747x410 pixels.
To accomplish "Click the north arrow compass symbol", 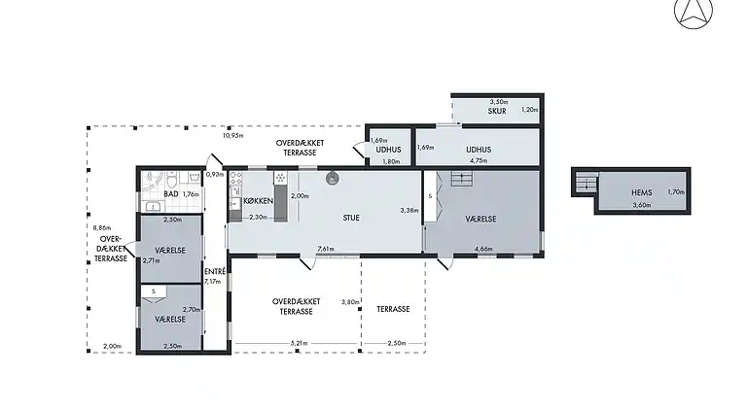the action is [x=694, y=12].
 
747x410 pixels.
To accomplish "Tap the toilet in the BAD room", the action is [x=172, y=181].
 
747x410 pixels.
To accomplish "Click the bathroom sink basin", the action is [x=154, y=206].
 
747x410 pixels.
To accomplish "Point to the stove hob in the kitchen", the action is [x=235, y=179].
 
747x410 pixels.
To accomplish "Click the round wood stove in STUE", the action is [x=333, y=179].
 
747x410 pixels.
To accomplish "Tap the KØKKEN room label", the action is [x=258, y=201].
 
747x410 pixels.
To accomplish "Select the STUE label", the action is [x=351, y=218].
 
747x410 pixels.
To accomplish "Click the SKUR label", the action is [x=497, y=111].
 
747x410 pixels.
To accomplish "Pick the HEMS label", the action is [x=642, y=192].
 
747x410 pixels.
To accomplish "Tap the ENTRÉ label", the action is [x=215, y=272].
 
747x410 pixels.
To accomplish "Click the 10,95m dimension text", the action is [x=233, y=136].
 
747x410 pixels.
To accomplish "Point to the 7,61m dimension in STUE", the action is [x=326, y=249].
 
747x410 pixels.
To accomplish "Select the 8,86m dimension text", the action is [x=102, y=227].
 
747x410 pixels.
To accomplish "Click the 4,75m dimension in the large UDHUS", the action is [x=479, y=160].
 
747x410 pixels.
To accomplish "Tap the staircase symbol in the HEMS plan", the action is [x=587, y=182].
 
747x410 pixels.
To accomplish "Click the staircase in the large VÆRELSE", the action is [x=462, y=179].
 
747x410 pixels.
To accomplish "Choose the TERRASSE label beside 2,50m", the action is [x=393, y=309].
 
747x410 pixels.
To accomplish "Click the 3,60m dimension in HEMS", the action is [x=642, y=205].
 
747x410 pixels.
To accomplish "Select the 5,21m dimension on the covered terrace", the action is [x=300, y=343].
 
